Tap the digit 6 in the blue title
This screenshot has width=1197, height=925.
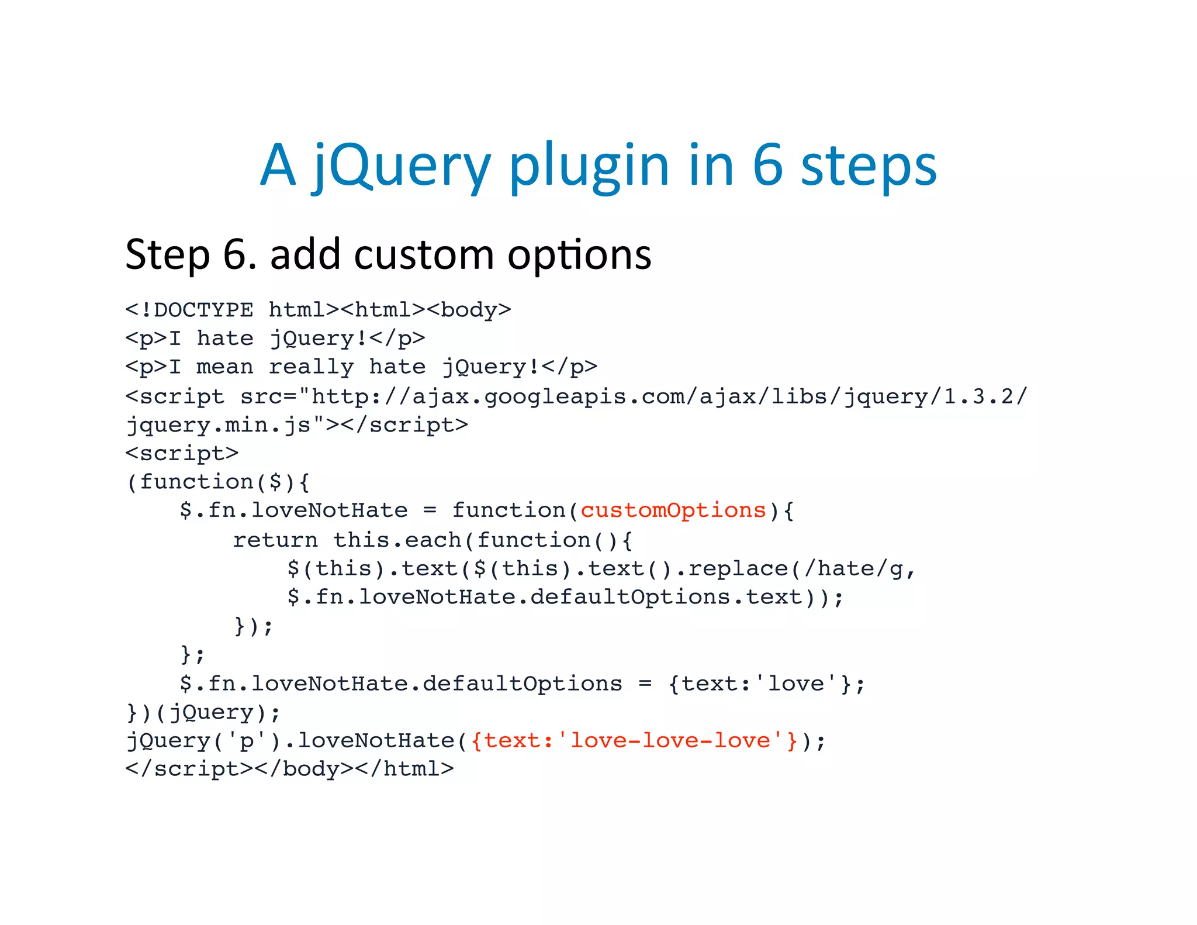767,165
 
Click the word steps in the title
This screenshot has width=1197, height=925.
869,165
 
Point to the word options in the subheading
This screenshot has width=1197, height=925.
579,255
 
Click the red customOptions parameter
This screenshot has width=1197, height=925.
673,510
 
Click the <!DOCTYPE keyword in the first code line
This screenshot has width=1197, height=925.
190,309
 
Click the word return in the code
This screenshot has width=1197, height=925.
275,540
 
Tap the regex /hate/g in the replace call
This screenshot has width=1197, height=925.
854,568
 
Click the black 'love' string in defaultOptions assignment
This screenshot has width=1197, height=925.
796,684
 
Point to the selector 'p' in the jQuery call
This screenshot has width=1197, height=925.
247,741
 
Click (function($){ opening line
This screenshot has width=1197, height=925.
218,482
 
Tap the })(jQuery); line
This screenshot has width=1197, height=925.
203,712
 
